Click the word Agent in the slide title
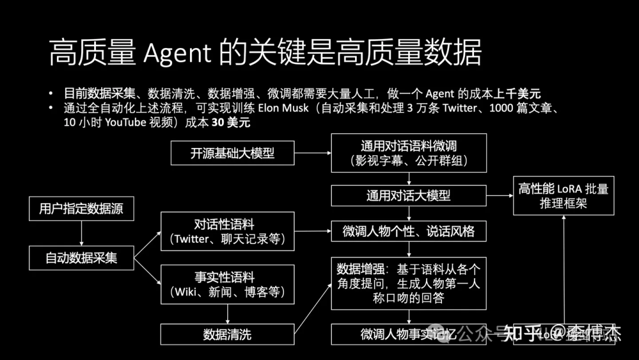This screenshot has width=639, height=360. click(177, 53)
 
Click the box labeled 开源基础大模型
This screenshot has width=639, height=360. click(233, 153)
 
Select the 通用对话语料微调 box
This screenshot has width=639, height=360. click(409, 153)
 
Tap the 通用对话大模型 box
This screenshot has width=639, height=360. click(409, 195)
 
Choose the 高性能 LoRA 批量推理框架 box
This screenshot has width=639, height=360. click(563, 195)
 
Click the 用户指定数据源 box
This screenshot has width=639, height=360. click(82, 208)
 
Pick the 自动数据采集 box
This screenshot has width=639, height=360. click(82, 258)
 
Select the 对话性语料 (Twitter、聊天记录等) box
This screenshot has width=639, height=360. click(227, 232)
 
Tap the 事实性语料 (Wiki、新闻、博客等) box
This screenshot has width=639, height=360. click(227, 284)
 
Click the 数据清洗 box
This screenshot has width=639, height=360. click(227, 334)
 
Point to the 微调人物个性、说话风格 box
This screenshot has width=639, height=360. click(409, 231)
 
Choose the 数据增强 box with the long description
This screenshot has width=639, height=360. click(409, 283)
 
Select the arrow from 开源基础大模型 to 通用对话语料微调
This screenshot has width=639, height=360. click(312, 153)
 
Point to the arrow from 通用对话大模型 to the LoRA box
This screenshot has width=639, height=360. click(499, 195)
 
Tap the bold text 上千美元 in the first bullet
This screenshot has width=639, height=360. click(519, 93)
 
